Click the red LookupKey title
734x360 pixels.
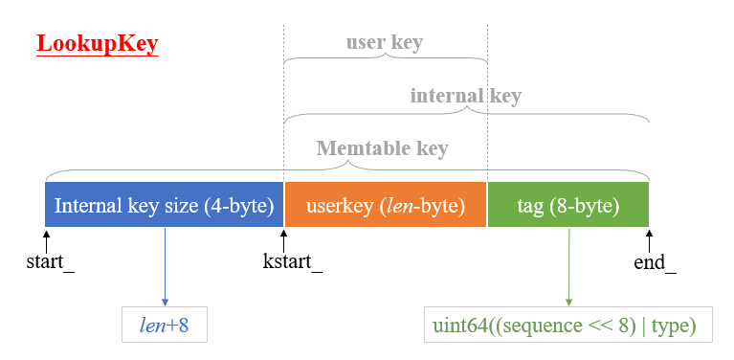[97, 45]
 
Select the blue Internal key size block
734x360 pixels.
[165, 206]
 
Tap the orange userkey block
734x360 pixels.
[386, 206]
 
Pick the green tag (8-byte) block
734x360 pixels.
[568, 206]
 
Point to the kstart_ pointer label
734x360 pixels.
[292, 260]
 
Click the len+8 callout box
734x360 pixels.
[165, 326]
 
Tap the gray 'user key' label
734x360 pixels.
[384, 43]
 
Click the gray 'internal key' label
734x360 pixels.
[465, 96]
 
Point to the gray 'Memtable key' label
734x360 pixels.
[382, 149]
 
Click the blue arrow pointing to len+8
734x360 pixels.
[165, 268]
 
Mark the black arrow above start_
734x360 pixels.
[46, 237]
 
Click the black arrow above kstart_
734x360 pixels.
[284, 237]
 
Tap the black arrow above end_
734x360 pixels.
[649, 237]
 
